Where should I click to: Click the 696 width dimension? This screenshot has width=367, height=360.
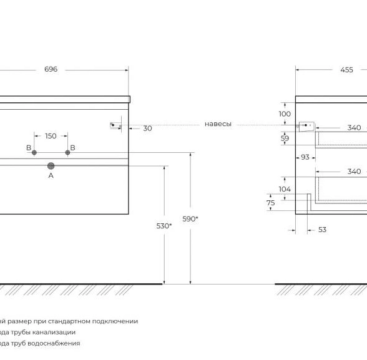click(x=51, y=69)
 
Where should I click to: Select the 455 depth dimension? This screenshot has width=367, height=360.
click(x=346, y=70)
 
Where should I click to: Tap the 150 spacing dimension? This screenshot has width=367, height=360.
click(x=51, y=136)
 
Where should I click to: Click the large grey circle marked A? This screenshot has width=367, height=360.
click(x=51, y=166)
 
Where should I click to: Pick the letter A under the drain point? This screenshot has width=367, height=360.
click(x=51, y=175)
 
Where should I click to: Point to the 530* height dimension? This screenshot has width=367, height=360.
click(x=164, y=226)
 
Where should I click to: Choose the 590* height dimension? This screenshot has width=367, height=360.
click(x=190, y=219)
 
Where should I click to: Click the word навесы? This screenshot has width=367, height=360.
click(x=218, y=124)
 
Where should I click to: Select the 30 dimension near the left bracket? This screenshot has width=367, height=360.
click(x=147, y=128)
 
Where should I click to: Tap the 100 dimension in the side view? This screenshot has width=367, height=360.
click(x=285, y=114)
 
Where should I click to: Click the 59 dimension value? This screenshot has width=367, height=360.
click(x=285, y=139)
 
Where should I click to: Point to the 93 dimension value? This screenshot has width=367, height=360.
click(x=305, y=157)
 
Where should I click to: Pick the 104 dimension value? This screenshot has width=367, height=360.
click(x=285, y=189)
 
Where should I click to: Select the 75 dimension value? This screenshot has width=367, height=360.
click(x=271, y=203)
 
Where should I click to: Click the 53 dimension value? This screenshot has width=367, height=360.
click(x=322, y=230)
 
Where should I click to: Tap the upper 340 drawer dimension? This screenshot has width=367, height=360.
click(x=354, y=128)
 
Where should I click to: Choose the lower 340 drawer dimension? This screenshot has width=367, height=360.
click(x=354, y=172)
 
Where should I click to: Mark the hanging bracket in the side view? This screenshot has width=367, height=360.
click(x=306, y=127)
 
